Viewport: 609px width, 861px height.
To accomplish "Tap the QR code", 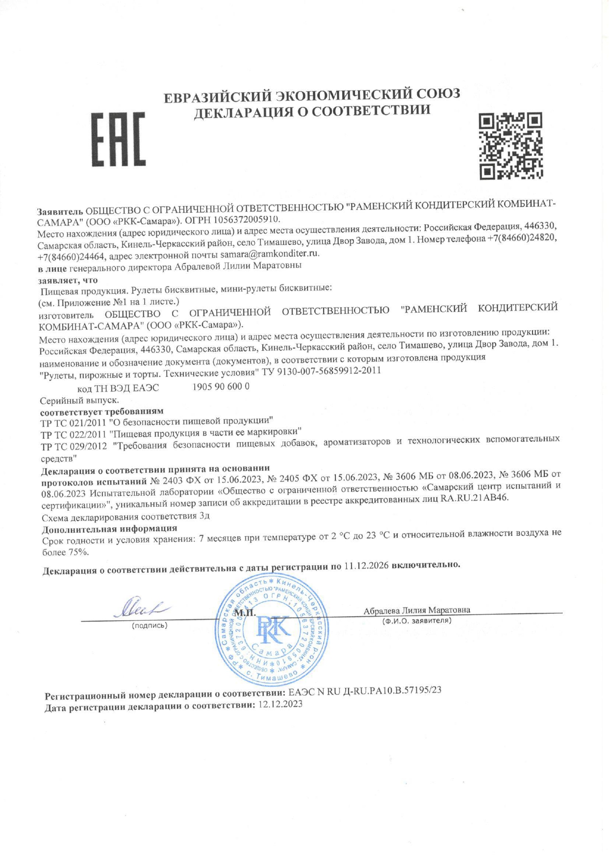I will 510,145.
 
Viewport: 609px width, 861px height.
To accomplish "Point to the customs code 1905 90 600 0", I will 221,386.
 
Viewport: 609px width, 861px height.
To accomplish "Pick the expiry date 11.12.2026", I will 366,566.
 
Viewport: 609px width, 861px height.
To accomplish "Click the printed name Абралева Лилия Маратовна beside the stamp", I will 417,610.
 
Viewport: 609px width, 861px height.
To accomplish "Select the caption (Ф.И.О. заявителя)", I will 416,621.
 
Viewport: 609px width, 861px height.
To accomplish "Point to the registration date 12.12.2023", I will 280,704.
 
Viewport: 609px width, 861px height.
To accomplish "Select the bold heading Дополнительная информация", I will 109,529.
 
